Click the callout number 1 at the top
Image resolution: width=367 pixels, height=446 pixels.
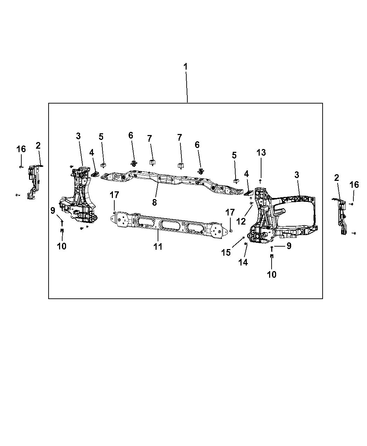pos(186,66)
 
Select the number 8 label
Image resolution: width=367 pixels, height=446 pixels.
pos(154,202)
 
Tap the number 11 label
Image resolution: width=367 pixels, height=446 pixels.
pos(158,247)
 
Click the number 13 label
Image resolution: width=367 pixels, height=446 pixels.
pos(261,153)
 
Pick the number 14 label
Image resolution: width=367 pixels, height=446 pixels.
pos(243,262)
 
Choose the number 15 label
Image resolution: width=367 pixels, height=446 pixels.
pos(226,252)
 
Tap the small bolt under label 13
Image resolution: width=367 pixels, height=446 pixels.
pos(260,181)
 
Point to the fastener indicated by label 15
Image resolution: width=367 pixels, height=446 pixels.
pos(243,237)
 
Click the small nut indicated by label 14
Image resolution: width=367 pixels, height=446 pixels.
pos(246,243)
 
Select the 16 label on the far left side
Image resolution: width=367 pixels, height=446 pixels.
pos(21,149)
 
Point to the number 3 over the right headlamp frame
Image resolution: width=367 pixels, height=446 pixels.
pos(297,175)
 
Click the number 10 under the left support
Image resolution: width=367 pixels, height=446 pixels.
pos(62,246)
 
